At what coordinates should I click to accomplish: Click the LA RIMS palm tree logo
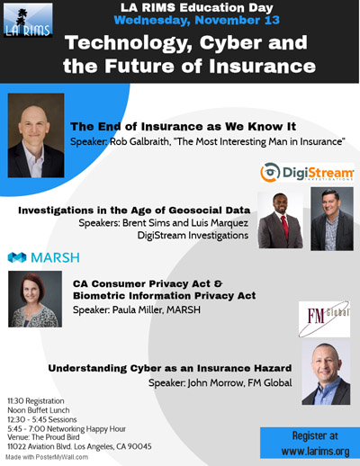coord(28,20)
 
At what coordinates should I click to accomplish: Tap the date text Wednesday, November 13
coord(197,21)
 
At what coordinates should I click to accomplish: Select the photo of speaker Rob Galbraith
coord(36,136)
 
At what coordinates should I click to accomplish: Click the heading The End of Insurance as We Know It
coord(184,127)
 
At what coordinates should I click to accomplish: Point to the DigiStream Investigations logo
coord(307,173)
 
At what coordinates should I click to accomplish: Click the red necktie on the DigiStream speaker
coord(284,228)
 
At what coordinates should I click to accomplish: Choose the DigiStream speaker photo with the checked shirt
coord(332,219)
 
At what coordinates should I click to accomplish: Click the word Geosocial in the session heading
coord(196,211)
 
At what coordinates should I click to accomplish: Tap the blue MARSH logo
coord(44,257)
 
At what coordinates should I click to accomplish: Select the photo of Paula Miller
coord(35,299)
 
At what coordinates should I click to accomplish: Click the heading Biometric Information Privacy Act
coord(165,296)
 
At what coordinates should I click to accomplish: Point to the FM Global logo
coord(324,319)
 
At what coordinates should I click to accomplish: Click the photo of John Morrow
coord(326,372)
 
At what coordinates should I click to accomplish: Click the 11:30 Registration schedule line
coord(36,401)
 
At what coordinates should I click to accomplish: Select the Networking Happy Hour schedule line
coord(67,429)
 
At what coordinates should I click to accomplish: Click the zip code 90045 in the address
coord(139,446)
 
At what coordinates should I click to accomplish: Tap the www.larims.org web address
coord(315,451)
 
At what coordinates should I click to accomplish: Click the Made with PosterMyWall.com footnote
coord(47,457)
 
